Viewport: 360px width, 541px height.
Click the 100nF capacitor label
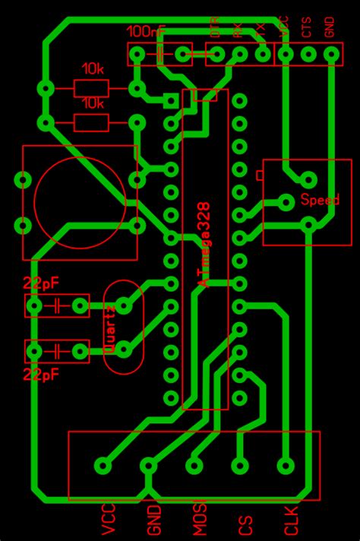click(x=146, y=32)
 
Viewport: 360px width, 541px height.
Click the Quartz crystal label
click(x=111, y=329)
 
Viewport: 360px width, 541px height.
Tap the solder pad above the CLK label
click(x=286, y=465)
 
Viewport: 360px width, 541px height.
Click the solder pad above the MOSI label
click(x=194, y=465)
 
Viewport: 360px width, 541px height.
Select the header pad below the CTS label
click(x=308, y=54)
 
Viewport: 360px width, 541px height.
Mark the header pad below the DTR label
click(x=216, y=54)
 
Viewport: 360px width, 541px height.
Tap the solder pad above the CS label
click(x=241, y=465)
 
